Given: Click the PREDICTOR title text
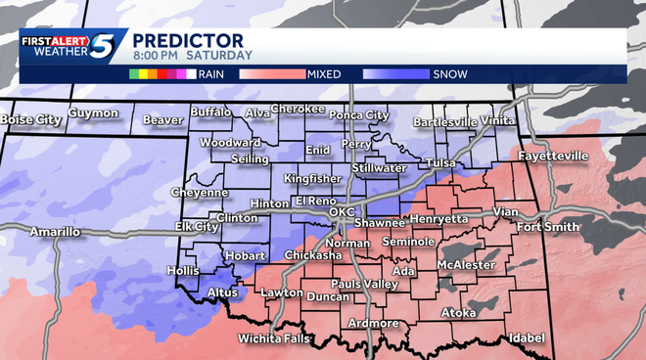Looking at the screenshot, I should pos(187,39).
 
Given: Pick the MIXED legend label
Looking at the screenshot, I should pos(324,73).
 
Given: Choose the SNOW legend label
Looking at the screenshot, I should pos(448,73).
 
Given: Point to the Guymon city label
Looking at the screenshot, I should pos(93,113).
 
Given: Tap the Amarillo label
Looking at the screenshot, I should pos(55,232).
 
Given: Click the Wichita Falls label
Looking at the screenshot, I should pos(274,339).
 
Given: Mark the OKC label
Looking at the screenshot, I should pos(342,211).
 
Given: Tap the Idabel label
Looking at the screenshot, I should pos(527,337).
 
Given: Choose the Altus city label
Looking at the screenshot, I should pos(225,292).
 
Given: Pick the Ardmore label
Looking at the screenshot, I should pos(372,323).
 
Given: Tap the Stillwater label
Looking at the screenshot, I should pos(379,168).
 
